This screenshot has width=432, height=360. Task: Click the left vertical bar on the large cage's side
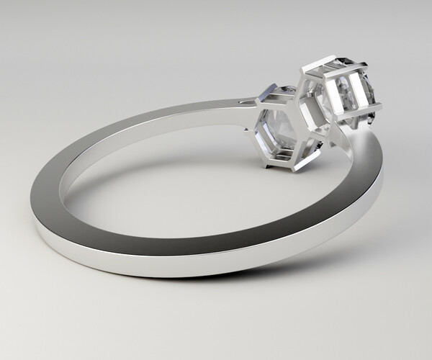coord(322,97)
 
